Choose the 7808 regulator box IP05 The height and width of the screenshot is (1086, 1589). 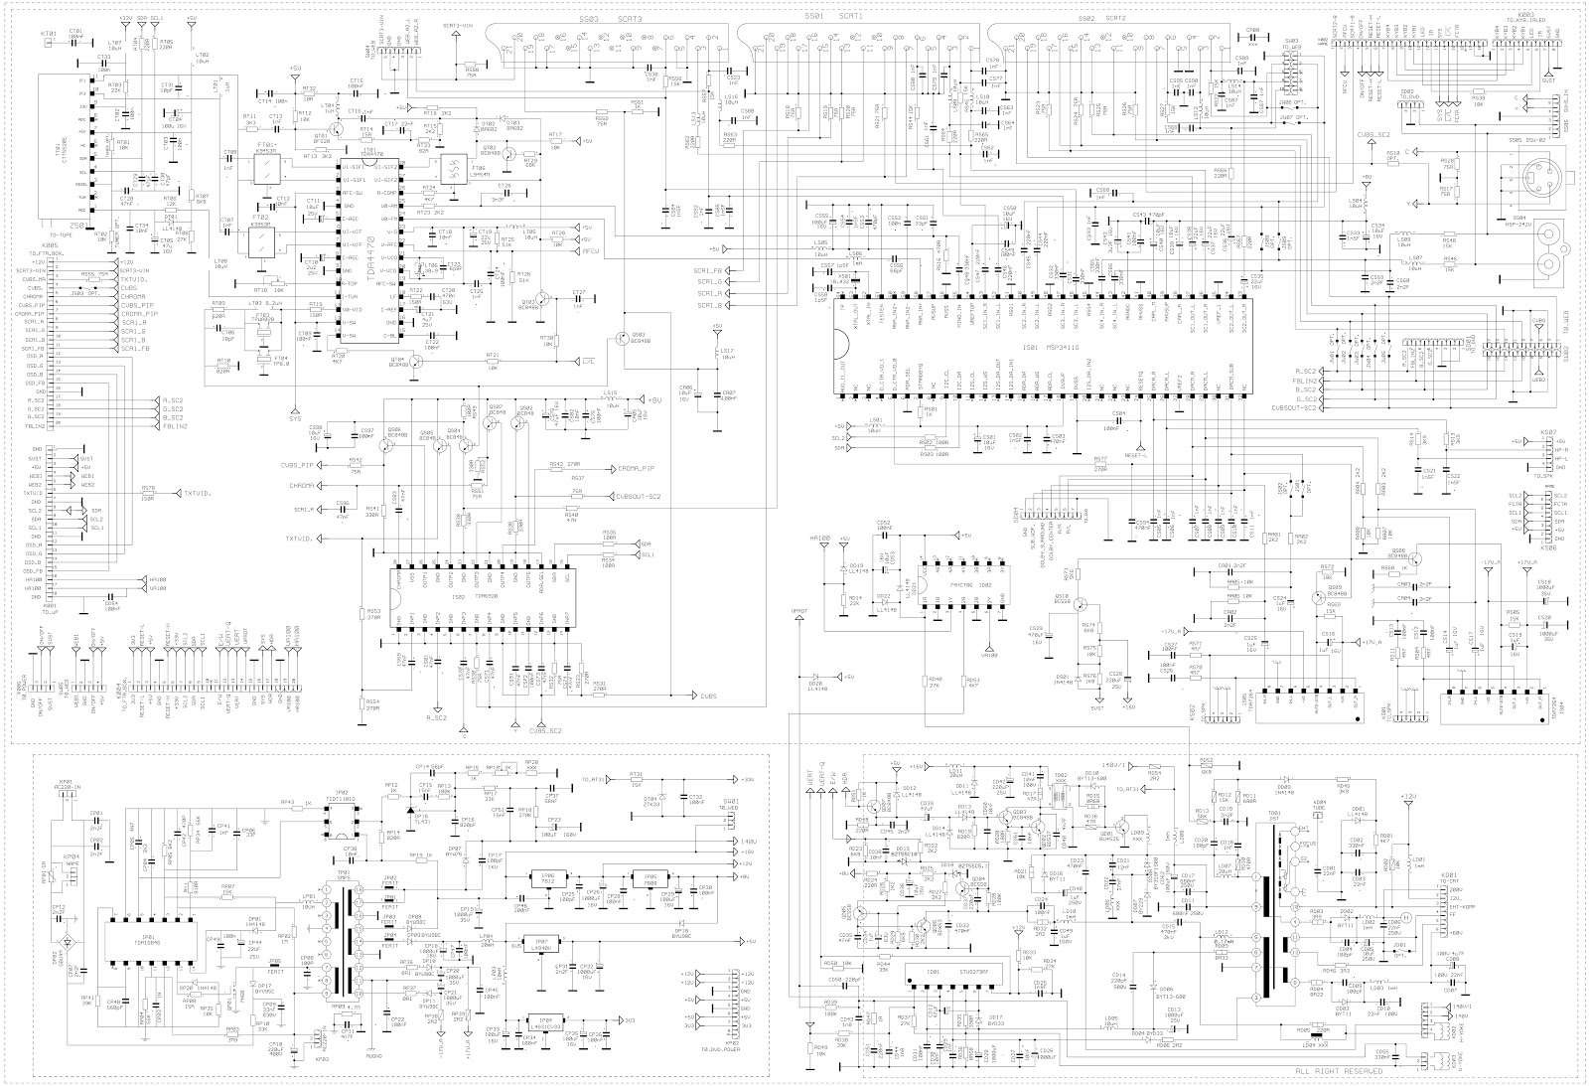tap(649, 878)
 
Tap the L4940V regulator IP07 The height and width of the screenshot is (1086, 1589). tap(541, 942)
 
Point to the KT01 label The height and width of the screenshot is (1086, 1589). tap(46, 33)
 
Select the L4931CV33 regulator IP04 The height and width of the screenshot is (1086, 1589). tap(542, 1022)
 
